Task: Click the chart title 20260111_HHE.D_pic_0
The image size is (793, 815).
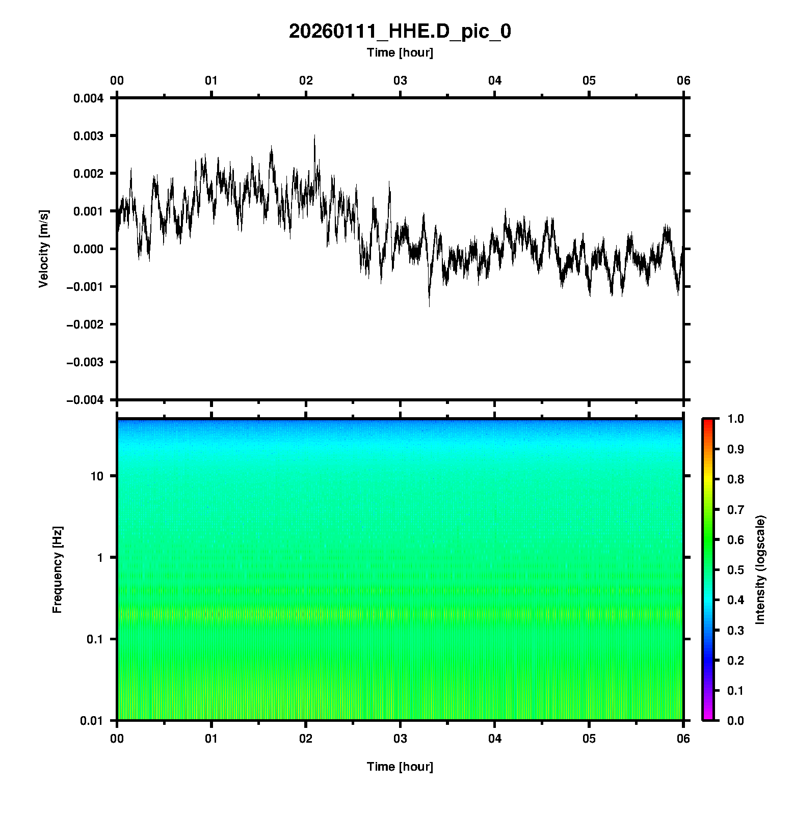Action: [400, 32]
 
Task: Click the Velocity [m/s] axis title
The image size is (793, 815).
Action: [44, 249]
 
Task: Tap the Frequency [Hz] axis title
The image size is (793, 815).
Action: [57, 570]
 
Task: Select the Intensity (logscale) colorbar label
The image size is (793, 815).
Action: [760, 569]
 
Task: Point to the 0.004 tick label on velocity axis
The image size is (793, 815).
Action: [88, 98]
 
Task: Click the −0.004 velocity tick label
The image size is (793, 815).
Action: [85, 400]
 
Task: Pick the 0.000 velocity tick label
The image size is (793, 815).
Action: [88, 249]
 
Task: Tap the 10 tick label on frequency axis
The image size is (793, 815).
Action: [97, 476]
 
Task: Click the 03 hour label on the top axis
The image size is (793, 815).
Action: [400, 80]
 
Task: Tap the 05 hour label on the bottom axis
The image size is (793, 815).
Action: [589, 739]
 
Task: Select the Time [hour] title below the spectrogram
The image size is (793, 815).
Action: [400, 767]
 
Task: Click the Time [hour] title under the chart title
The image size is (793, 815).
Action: [400, 52]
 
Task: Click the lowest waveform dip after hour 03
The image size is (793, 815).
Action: [429, 305]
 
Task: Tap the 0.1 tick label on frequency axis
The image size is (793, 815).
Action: [94, 639]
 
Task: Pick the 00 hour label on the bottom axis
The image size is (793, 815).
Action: [117, 739]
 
